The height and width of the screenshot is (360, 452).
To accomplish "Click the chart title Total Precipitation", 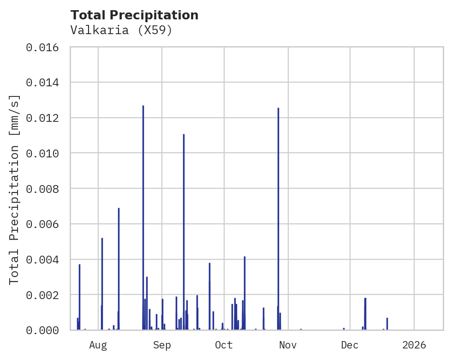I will [x=134, y=15].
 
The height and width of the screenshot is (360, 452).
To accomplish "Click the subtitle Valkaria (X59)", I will [x=121, y=30].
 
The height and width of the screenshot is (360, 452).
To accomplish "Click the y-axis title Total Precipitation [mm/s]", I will [x=15, y=189].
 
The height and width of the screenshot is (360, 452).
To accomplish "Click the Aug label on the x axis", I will [x=98, y=345].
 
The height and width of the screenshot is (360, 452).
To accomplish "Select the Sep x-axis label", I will [x=162, y=345].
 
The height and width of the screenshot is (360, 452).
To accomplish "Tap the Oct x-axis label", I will [x=224, y=345].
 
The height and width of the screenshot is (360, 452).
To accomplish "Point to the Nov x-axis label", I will [x=288, y=345].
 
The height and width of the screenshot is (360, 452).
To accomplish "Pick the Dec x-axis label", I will [x=350, y=345].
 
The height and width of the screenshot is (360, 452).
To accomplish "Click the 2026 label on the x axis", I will [x=414, y=345].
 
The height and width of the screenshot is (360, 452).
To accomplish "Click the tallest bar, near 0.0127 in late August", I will [x=143, y=217].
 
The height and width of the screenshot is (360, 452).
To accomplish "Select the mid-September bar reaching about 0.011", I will [x=184, y=231].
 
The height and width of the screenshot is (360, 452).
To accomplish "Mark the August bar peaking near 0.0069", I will [x=119, y=268].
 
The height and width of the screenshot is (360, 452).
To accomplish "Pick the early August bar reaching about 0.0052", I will [x=102, y=284].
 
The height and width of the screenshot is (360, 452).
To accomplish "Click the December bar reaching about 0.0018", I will [x=365, y=314].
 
